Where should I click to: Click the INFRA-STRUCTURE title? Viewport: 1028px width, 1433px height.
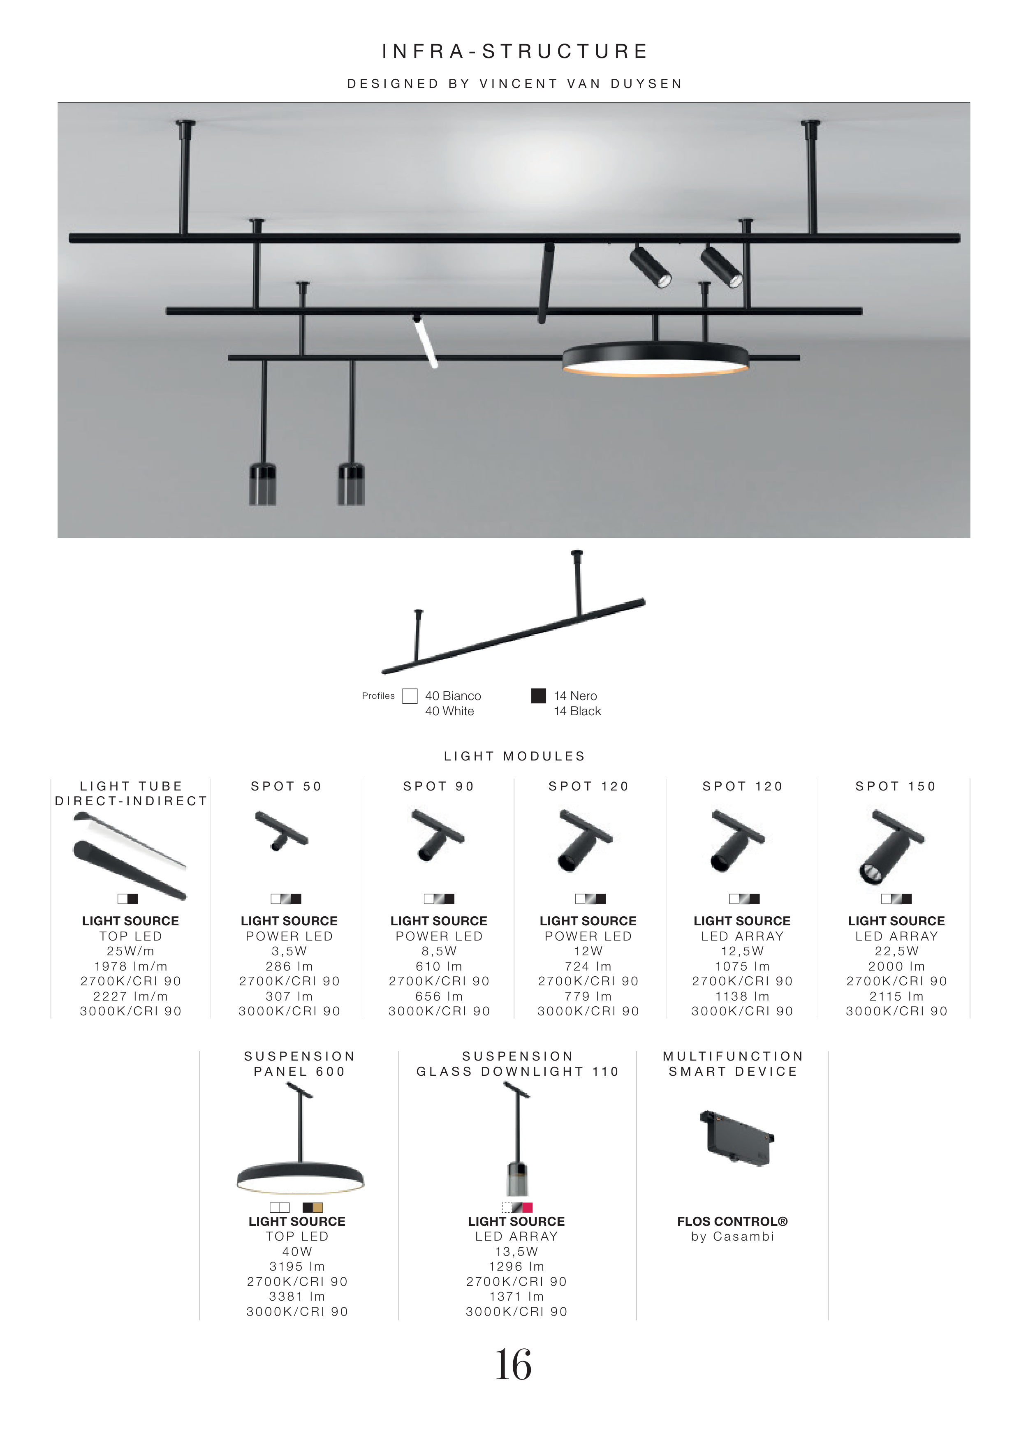tap(514, 51)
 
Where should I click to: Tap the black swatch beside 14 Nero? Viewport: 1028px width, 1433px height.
tap(538, 696)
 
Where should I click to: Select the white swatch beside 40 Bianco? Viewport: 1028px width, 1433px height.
tap(410, 696)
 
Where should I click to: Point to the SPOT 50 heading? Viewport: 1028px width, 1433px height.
tap(286, 786)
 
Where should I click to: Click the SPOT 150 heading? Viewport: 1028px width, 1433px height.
tap(895, 786)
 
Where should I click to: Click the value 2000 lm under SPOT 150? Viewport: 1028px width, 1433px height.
tap(896, 966)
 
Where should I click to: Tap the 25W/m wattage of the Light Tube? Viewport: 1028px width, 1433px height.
tap(130, 951)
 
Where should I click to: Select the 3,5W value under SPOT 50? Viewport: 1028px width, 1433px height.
tap(289, 951)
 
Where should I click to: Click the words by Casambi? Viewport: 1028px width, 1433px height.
tap(732, 1237)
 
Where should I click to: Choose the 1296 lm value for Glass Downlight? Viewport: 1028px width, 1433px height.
tap(516, 1266)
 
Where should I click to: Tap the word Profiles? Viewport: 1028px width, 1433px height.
tap(378, 696)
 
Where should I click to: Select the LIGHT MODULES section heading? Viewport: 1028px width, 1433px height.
tap(514, 756)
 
